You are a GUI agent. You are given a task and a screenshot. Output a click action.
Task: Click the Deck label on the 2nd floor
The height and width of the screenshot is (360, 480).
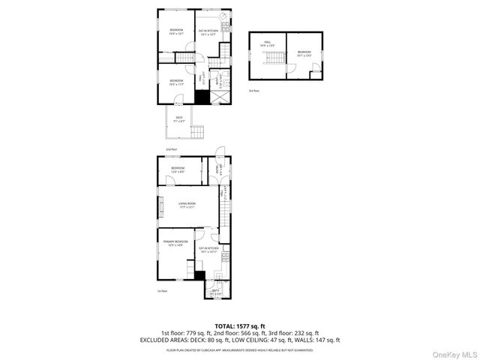click(x=179, y=118)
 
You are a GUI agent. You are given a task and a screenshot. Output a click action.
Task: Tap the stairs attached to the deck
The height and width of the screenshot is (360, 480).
click(x=198, y=133)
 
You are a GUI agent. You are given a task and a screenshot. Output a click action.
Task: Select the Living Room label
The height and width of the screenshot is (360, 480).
click(x=187, y=205)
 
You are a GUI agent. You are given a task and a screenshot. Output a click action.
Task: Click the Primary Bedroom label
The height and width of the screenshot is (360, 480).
click(x=175, y=243)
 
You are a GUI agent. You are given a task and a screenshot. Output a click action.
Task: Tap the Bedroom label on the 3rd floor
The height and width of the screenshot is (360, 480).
click(x=304, y=53)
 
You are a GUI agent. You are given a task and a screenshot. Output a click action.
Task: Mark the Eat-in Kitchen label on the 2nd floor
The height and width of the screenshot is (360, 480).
click(x=207, y=32)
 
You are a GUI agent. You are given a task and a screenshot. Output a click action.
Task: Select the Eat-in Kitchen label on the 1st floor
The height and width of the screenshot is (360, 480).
click(x=208, y=250)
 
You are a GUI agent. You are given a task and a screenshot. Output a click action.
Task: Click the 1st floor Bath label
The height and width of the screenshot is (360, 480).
click(x=216, y=291)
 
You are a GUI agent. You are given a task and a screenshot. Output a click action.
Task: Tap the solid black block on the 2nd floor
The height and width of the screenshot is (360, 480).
click(x=202, y=97)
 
